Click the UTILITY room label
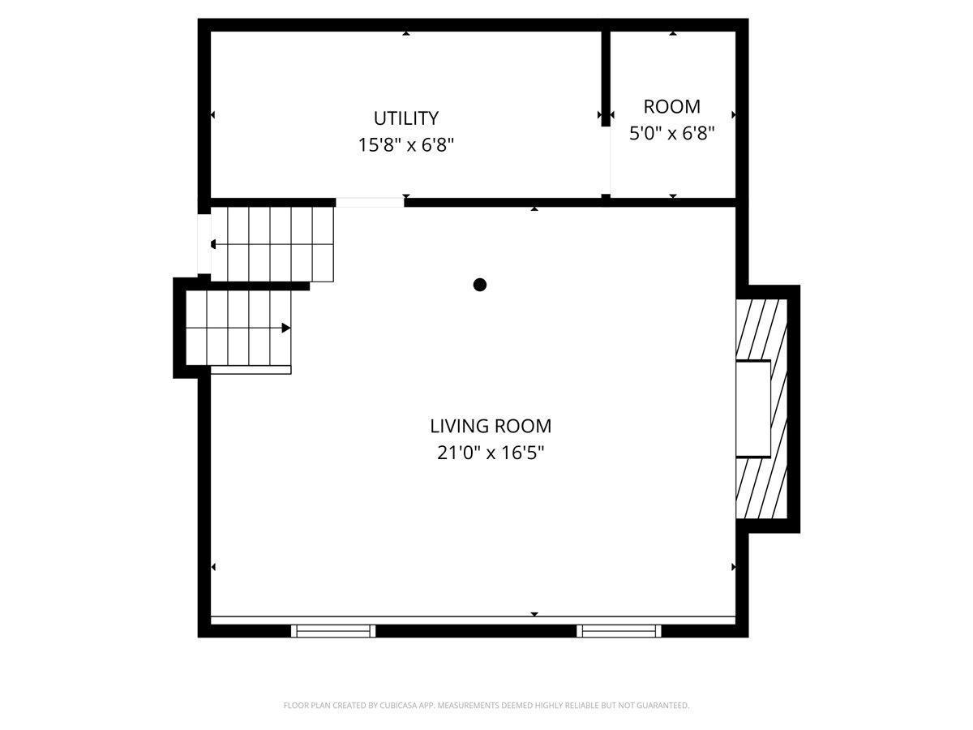405,118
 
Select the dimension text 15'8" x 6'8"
405,145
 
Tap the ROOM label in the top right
671,106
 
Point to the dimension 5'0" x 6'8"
671,133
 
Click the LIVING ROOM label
490,426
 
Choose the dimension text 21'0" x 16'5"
490,453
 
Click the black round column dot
480,285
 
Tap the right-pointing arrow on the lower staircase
286,328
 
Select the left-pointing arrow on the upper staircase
212,244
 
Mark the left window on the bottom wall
333,630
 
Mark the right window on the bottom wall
619,630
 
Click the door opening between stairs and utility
370,203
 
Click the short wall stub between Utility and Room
605,79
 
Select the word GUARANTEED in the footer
663,706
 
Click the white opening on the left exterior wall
204,244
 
